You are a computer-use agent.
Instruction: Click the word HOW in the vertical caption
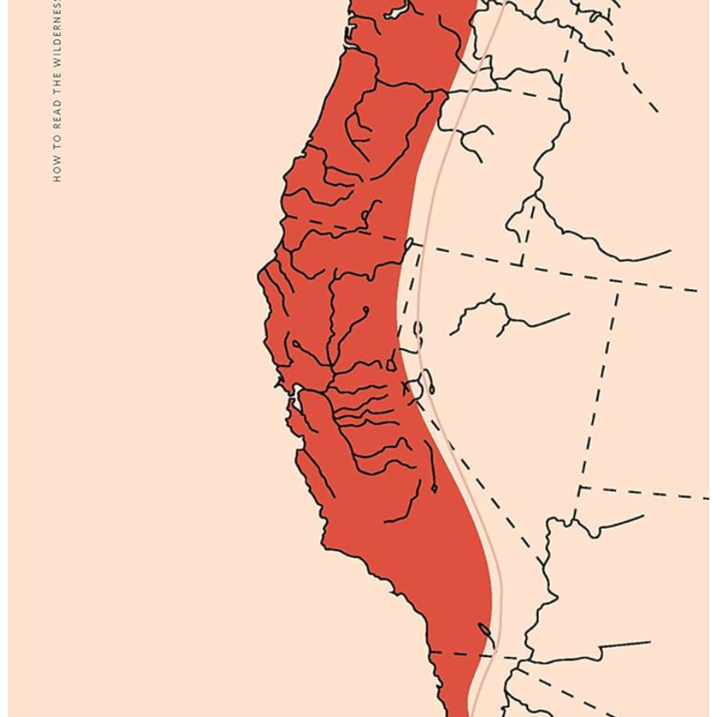[57, 171]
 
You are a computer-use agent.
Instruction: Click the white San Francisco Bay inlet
[297, 398]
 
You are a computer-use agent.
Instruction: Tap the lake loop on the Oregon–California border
[409, 244]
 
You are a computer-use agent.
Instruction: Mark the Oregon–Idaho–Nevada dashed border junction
[522, 265]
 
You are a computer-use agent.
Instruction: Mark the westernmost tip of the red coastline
[259, 273]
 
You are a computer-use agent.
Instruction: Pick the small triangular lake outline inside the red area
[391, 365]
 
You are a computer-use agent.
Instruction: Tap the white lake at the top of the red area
[396, 11]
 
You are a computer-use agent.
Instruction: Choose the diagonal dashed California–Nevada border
[483, 476]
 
